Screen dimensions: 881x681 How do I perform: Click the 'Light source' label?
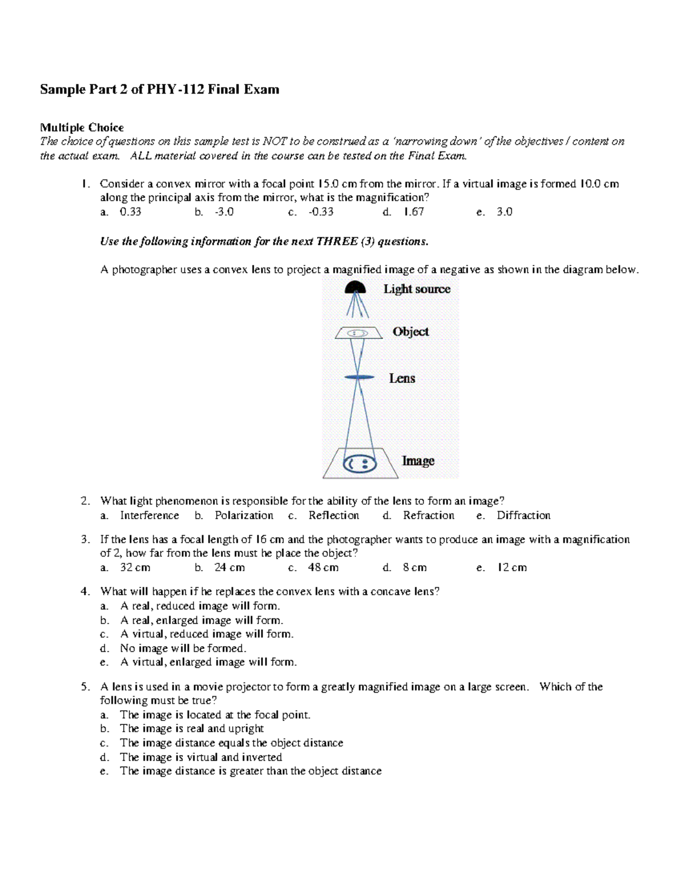click(417, 289)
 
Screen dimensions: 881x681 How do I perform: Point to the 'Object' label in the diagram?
click(410, 331)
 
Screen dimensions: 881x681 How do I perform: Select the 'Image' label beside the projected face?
click(418, 461)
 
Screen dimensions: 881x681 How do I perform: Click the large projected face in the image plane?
click(360, 464)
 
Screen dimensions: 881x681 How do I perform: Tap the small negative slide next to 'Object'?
click(357, 333)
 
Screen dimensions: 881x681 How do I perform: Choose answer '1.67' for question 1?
click(414, 212)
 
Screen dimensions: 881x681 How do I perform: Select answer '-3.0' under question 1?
click(224, 212)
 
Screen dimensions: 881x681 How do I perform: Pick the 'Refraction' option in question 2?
click(428, 515)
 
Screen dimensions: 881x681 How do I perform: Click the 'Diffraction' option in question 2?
click(523, 515)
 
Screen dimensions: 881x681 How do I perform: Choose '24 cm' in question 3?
click(229, 567)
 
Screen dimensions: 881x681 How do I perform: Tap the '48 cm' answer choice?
click(323, 567)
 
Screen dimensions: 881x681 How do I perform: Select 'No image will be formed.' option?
click(183, 648)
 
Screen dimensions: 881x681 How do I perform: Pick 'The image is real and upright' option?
click(192, 728)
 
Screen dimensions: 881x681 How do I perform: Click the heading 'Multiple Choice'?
click(82, 127)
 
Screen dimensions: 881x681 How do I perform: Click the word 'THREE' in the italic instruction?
click(337, 241)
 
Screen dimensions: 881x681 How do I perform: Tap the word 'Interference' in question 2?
click(149, 515)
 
